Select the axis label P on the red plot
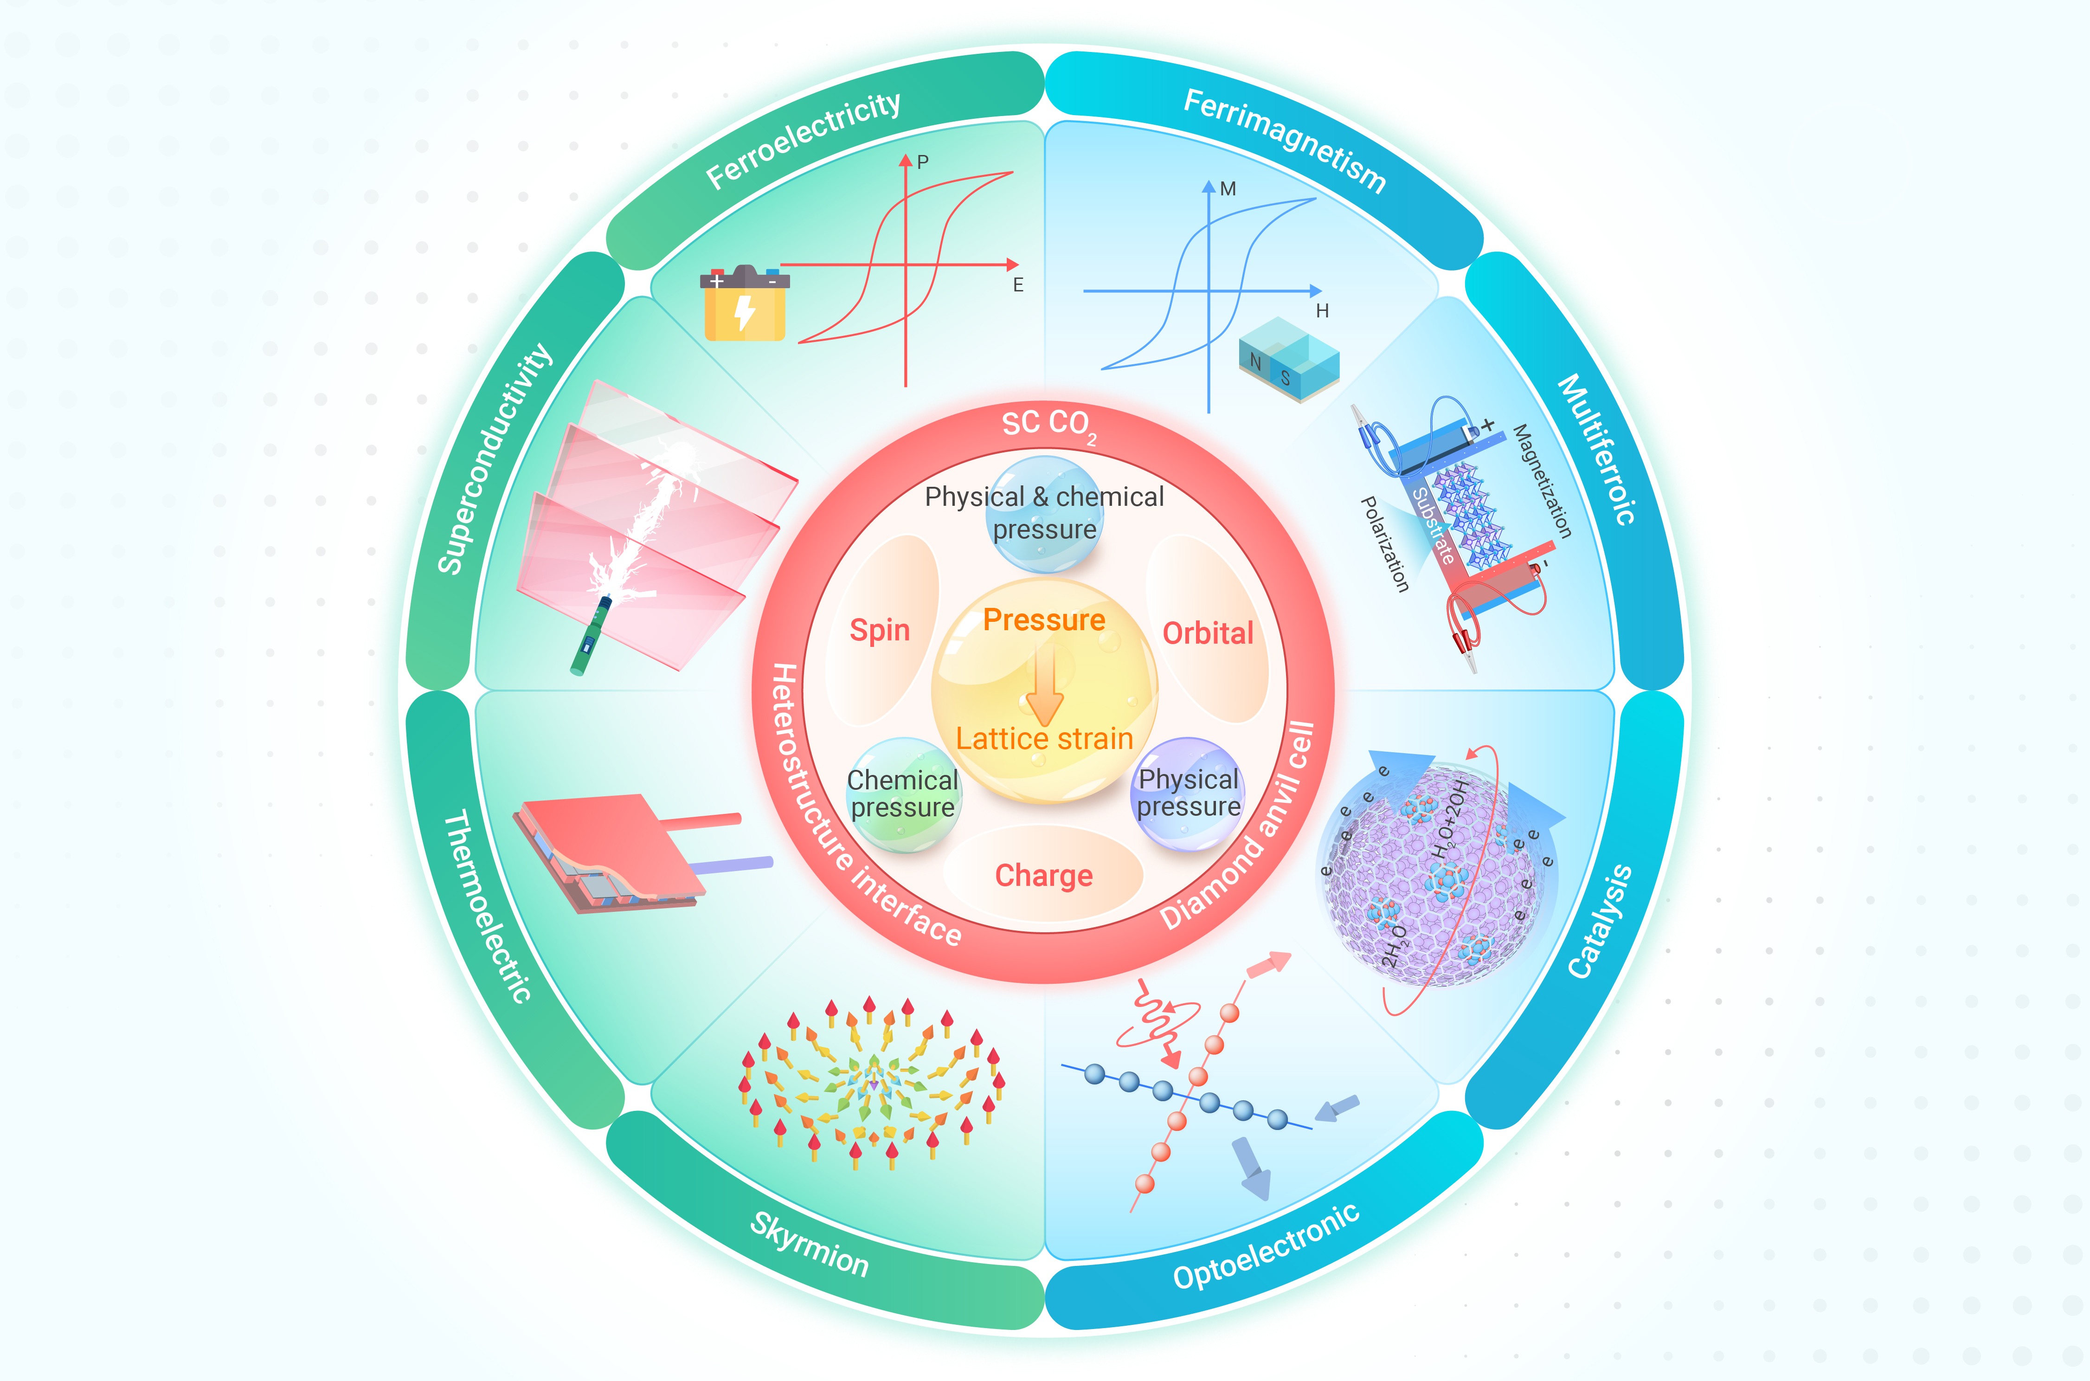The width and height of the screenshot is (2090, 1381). (x=923, y=162)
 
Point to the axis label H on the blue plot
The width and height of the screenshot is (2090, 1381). (x=1322, y=311)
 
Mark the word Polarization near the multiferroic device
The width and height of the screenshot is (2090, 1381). (x=1385, y=543)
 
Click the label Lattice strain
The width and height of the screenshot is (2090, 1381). (x=1045, y=738)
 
